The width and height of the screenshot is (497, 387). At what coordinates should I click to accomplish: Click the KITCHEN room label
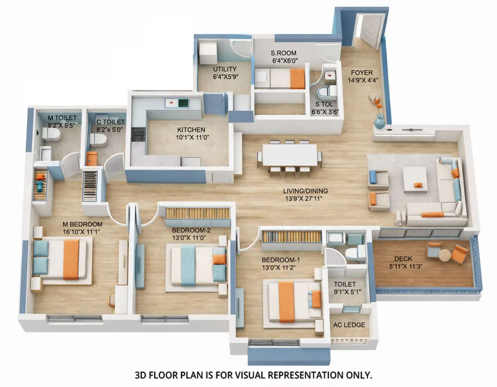point(191,130)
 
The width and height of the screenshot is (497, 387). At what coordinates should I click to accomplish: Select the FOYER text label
point(361,73)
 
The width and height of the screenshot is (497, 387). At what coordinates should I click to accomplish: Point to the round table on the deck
point(445,255)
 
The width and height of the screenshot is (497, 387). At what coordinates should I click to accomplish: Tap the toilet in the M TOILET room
point(51,134)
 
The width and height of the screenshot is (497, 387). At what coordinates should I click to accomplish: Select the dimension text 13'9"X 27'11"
point(305,198)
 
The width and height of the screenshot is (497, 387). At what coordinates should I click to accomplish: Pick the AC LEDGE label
point(349,325)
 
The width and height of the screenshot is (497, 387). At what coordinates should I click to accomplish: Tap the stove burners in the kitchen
point(138,134)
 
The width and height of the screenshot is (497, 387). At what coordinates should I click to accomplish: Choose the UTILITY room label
point(225,69)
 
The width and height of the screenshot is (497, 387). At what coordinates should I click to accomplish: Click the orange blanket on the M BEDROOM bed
point(71,259)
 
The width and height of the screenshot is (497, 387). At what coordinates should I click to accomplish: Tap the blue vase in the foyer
point(379,122)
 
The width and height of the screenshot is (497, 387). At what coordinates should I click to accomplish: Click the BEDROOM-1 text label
point(281,260)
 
